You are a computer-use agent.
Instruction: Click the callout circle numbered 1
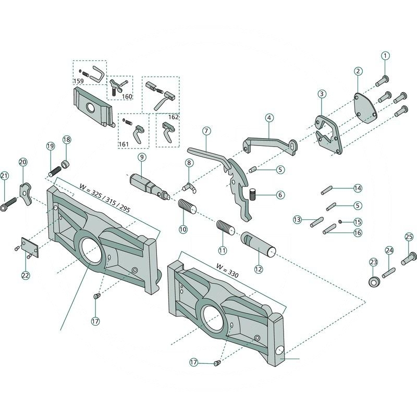pos(385,55)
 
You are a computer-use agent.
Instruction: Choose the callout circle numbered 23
pos(373,262)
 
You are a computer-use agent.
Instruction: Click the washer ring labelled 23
pos(373,282)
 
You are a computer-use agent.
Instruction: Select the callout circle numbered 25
pos(409,237)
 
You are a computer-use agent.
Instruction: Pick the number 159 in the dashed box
pos(78,81)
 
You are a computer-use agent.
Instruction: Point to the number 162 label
pos(174,117)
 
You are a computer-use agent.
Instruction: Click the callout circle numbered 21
pos(4,176)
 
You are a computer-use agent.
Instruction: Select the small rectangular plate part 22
pos(29,247)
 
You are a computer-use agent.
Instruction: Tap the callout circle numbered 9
pos(142,156)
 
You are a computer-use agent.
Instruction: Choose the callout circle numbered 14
pos(357,188)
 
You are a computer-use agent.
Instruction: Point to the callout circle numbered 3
pos(322,94)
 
